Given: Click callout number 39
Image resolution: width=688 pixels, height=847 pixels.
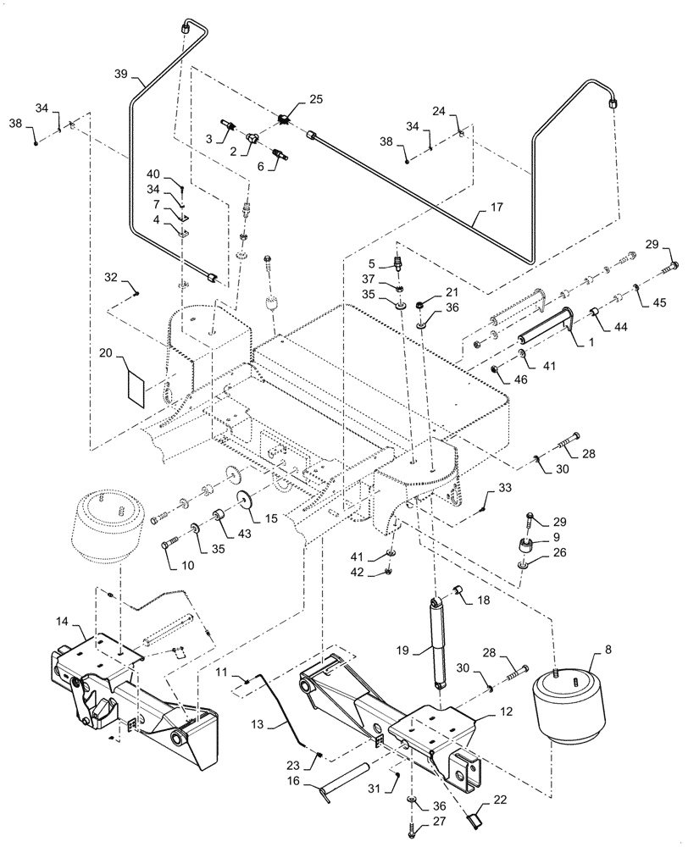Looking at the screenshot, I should coord(120,74).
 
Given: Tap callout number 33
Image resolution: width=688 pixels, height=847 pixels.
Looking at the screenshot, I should coord(505,490).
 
